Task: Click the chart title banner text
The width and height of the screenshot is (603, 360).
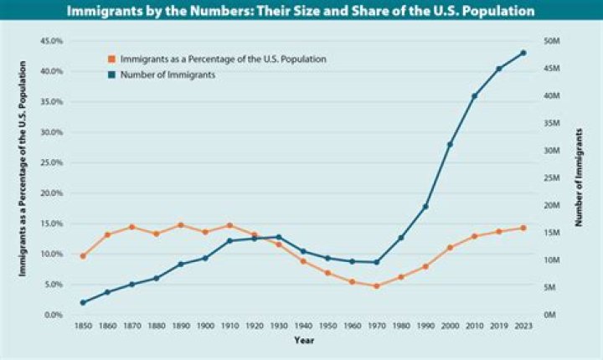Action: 301,12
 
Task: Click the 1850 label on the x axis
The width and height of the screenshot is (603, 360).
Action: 83,326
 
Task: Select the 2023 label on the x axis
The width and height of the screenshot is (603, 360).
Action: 523,326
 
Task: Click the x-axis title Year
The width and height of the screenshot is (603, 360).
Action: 303,341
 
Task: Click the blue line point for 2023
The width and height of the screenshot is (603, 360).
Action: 523,53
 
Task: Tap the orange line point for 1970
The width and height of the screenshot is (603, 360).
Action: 377,286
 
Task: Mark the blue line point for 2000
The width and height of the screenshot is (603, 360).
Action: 450,145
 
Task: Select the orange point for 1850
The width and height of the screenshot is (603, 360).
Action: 83,256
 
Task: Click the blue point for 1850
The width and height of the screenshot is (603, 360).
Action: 83,302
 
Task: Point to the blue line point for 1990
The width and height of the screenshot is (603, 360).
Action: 425,207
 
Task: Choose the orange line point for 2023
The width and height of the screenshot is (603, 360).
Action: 523,228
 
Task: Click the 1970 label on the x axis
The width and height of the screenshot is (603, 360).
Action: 377,326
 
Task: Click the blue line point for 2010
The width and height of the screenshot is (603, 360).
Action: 474,96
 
